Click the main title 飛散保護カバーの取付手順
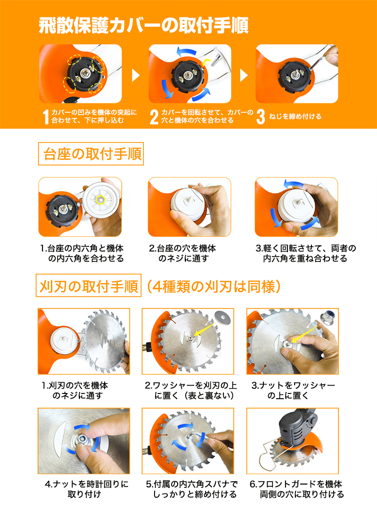click(144, 25)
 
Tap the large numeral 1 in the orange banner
click(46, 117)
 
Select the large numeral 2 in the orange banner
click(154, 117)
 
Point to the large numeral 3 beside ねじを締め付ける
click(261, 117)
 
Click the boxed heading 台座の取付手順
click(91, 154)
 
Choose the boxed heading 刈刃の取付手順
click(89, 285)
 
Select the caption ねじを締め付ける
click(295, 117)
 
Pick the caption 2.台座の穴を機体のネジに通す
click(183, 253)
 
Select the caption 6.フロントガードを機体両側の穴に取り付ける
click(296, 489)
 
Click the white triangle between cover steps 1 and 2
click(136, 75)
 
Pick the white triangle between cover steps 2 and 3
click(244, 75)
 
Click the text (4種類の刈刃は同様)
click(213, 286)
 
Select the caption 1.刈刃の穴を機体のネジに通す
click(75, 390)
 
